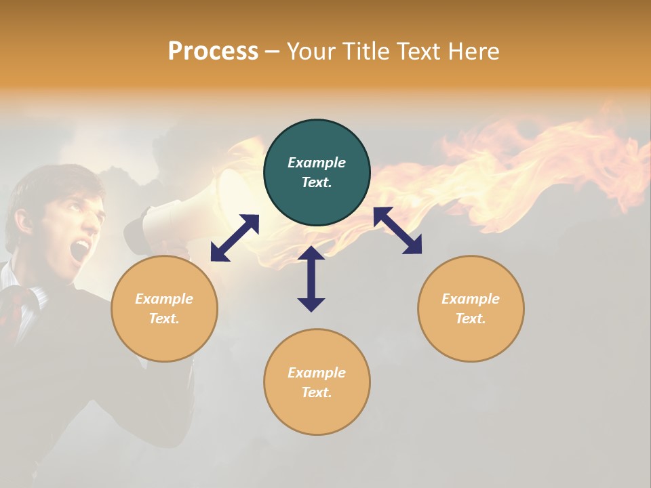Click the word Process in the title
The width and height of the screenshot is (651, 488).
coord(213,52)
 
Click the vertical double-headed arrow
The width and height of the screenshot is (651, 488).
coord(311,279)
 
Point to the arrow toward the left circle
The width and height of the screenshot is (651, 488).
coord(235,238)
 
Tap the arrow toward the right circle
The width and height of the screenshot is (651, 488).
coord(398,230)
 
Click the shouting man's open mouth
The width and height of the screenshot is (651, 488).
coord(81,249)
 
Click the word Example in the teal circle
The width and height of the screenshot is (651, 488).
coord(317,163)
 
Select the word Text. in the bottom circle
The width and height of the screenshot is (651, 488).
coord(317,392)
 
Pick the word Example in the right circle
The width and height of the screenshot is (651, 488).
coord(471,299)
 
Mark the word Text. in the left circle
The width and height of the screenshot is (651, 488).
coord(164,319)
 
